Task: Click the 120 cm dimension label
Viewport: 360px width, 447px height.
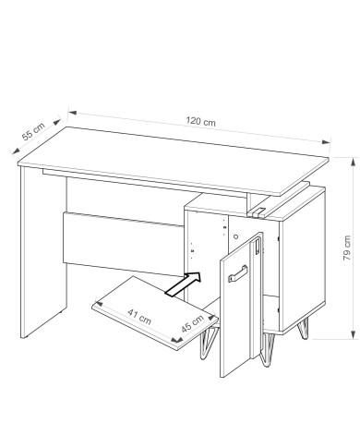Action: (x=200, y=121)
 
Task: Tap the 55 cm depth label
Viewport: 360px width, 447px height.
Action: (x=33, y=131)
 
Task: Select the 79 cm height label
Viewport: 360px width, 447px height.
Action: (x=347, y=248)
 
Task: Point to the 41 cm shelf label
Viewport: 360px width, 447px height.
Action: (x=139, y=317)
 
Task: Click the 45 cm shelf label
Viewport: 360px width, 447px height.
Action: (x=192, y=323)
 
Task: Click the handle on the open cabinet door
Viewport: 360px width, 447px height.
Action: (x=237, y=273)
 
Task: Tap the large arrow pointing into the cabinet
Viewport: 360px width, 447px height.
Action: (x=184, y=284)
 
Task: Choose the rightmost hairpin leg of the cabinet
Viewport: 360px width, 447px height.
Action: (x=303, y=329)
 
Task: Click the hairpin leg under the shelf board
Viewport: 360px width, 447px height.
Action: (x=208, y=342)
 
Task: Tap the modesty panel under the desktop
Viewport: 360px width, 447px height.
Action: (x=123, y=243)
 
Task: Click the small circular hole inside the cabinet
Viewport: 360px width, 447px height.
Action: (x=235, y=236)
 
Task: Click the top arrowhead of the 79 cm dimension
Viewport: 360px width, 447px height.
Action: (x=353, y=163)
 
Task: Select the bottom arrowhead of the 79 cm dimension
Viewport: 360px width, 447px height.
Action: (x=353, y=334)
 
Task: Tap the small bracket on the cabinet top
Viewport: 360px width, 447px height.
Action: (x=258, y=211)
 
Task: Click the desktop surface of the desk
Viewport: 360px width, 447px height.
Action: (x=174, y=160)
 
